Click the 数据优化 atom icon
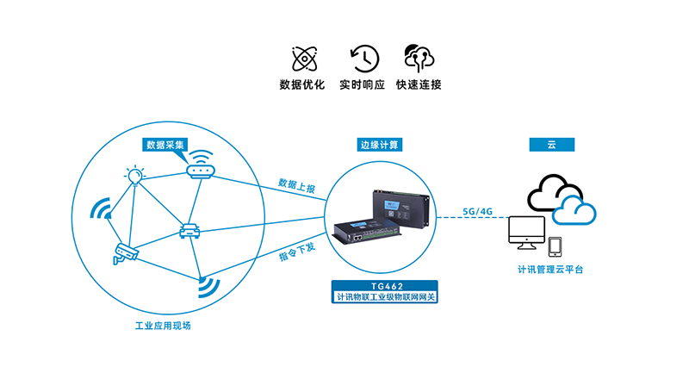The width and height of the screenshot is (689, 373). (301, 59)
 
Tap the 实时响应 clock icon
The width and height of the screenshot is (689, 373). (363, 59)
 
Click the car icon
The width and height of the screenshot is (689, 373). (189, 231)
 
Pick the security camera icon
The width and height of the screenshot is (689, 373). (125, 252)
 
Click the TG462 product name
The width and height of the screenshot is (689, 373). (384, 285)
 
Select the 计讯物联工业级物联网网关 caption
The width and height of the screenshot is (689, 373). (385, 297)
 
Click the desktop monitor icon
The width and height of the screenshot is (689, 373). (526, 232)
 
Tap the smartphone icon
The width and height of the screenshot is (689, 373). (556, 246)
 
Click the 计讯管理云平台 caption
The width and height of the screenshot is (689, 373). (550, 270)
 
